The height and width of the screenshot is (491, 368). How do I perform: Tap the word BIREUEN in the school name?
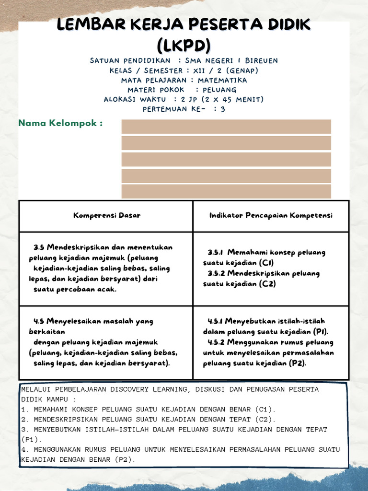click(x=261, y=61)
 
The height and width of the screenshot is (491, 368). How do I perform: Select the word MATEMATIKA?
click(x=222, y=80)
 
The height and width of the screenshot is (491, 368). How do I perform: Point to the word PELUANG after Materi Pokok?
click(x=219, y=90)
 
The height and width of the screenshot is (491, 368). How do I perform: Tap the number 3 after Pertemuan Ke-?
click(x=223, y=109)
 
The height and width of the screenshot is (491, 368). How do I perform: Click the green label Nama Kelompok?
click(x=60, y=124)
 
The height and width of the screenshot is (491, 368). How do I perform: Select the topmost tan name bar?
click(x=226, y=127)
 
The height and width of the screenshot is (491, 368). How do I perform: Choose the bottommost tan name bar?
click(x=226, y=191)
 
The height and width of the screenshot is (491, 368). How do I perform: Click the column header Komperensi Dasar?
click(x=107, y=216)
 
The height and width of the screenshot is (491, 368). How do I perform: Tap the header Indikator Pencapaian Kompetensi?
click(x=271, y=216)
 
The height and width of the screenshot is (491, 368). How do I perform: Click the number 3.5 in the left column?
click(x=39, y=247)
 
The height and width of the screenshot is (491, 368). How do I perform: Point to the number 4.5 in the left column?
click(x=39, y=321)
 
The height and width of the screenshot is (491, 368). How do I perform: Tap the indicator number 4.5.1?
click(x=215, y=321)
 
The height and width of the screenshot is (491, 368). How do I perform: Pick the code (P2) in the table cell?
click(x=297, y=363)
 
